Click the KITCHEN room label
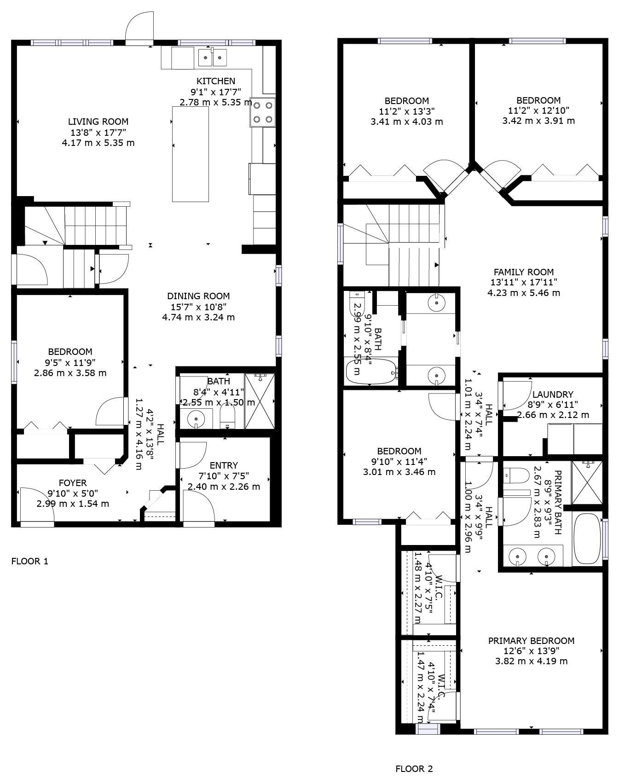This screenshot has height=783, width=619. pyautogui.click(x=216, y=81)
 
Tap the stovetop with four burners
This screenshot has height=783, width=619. pyautogui.click(x=263, y=112)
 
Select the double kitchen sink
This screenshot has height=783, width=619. pyautogui.click(x=213, y=58)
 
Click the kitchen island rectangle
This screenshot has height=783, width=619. pyautogui.click(x=190, y=154)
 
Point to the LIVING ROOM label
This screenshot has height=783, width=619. pyautogui.click(x=98, y=122)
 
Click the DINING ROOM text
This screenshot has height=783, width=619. pyautogui.click(x=198, y=296)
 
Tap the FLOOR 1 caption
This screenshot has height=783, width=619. pyautogui.click(x=29, y=561)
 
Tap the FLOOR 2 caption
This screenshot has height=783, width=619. pyautogui.click(x=414, y=769)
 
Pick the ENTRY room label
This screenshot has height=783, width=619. pyautogui.click(x=224, y=465)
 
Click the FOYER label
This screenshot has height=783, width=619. pyautogui.click(x=73, y=483)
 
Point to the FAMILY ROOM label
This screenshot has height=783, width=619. pyautogui.click(x=523, y=272)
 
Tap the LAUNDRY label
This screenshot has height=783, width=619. pyautogui.click(x=552, y=394)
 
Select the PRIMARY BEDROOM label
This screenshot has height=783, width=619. pyautogui.click(x=531, y=641)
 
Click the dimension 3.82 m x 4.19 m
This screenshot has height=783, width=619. pyautogui.click(x=531, y=661)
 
